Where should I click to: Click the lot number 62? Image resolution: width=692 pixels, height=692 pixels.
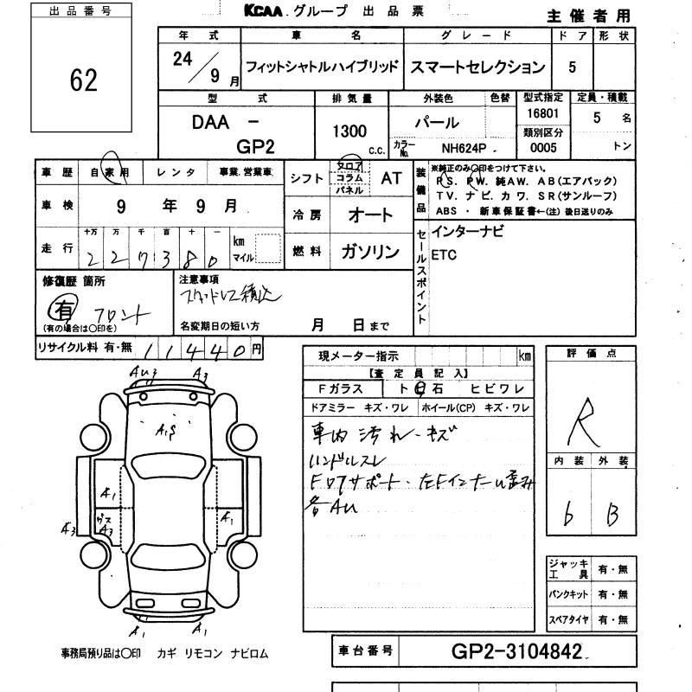[x=85, y=81]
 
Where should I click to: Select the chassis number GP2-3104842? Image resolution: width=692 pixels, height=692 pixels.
[x=517, y=650]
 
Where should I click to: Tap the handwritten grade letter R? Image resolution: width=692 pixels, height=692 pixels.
[x=586, y=421]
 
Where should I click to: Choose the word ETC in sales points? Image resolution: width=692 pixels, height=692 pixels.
[x=444, y=256]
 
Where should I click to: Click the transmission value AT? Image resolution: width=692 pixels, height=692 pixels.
[x=391, y=176]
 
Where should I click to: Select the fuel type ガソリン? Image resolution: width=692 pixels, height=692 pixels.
[x=370, y=252]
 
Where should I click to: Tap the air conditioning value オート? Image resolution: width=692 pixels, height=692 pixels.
[x=369, y=215]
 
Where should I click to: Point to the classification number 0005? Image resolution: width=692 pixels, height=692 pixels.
[x=544, y=148]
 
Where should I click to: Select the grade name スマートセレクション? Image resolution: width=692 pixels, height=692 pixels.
[x=477, y=67]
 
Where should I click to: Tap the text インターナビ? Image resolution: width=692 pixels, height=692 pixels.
[x=467, y=232]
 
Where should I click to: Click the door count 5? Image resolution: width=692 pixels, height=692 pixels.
[x=571, y=67]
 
